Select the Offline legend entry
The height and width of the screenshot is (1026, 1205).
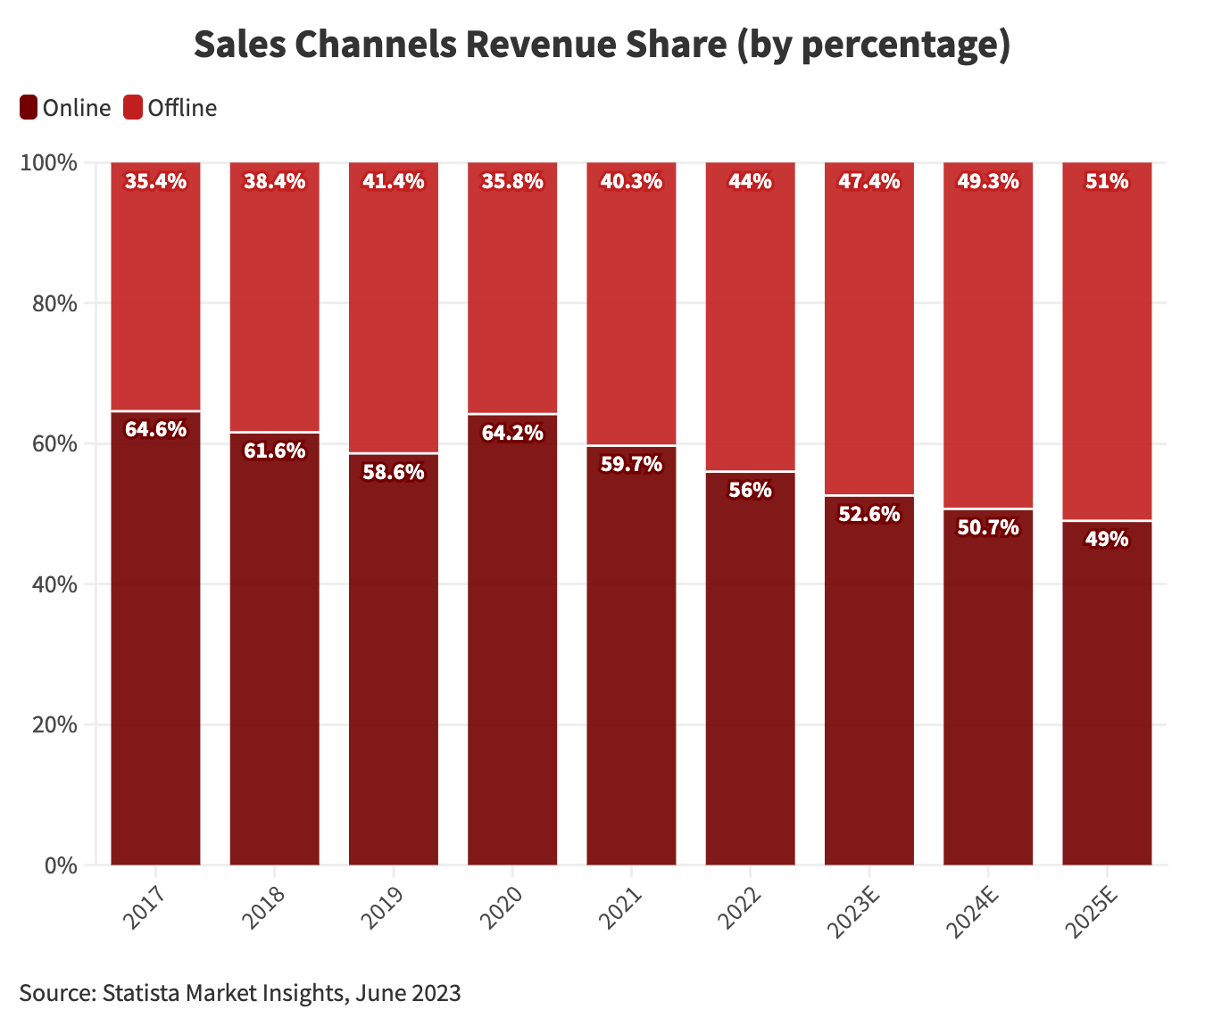click(170, 108)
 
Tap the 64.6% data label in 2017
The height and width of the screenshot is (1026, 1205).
click(155, 430)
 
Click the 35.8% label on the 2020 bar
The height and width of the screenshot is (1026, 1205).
click(512, 182)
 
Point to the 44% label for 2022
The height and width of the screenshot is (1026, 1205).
click(750, 182)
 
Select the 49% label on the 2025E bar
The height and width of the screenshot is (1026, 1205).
click(1107, 539)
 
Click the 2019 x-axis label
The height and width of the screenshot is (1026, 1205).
click(383, 907)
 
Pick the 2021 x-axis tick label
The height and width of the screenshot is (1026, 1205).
click(620, 907)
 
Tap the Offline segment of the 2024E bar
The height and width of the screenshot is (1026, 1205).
click(988, 339)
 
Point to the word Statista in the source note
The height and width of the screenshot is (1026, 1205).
click(143, 993)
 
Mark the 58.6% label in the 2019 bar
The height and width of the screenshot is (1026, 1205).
click(394, 473)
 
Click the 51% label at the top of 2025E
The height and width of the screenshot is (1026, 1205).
click(1107, 182)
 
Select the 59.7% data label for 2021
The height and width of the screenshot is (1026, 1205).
click(631, 464)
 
